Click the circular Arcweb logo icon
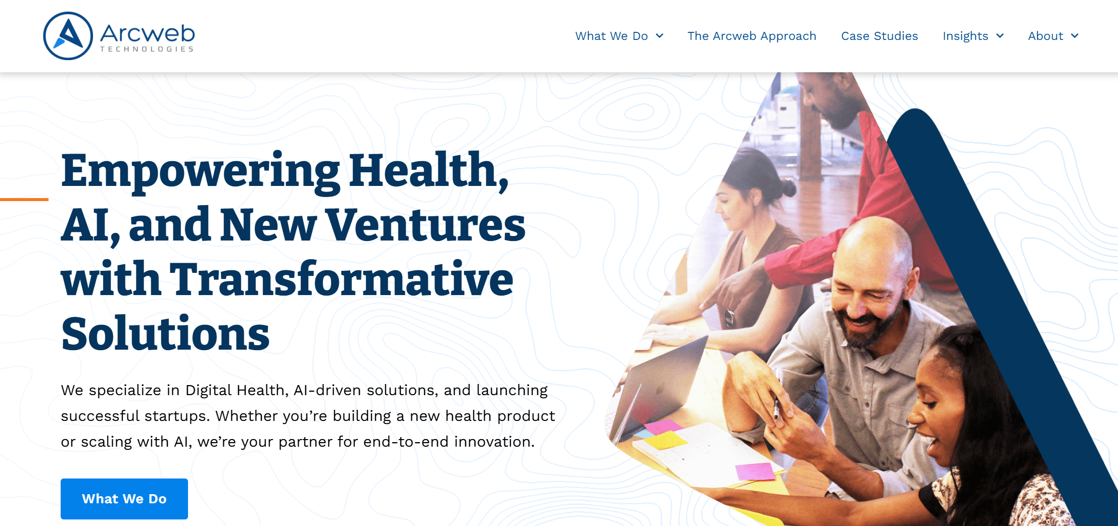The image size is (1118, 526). (x=68, y=36)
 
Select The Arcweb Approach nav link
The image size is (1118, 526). (x=752, y=36)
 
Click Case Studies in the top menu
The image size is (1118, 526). (x=879, y=36)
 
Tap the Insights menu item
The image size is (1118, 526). (x=965, y=36)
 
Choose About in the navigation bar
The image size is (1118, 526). (x=1045, y=36)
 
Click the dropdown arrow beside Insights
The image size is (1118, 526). (x=1000, y=36)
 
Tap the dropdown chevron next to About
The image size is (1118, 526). (x=1075, y=36)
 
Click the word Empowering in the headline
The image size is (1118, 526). (x=200, y=172)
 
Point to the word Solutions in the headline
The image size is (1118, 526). (x=165, y=333)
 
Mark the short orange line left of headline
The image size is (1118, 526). (x=24, y=200)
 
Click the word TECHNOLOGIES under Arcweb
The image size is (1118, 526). (x=147, y=49)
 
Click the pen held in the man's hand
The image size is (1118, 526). (x=777, y=409)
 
